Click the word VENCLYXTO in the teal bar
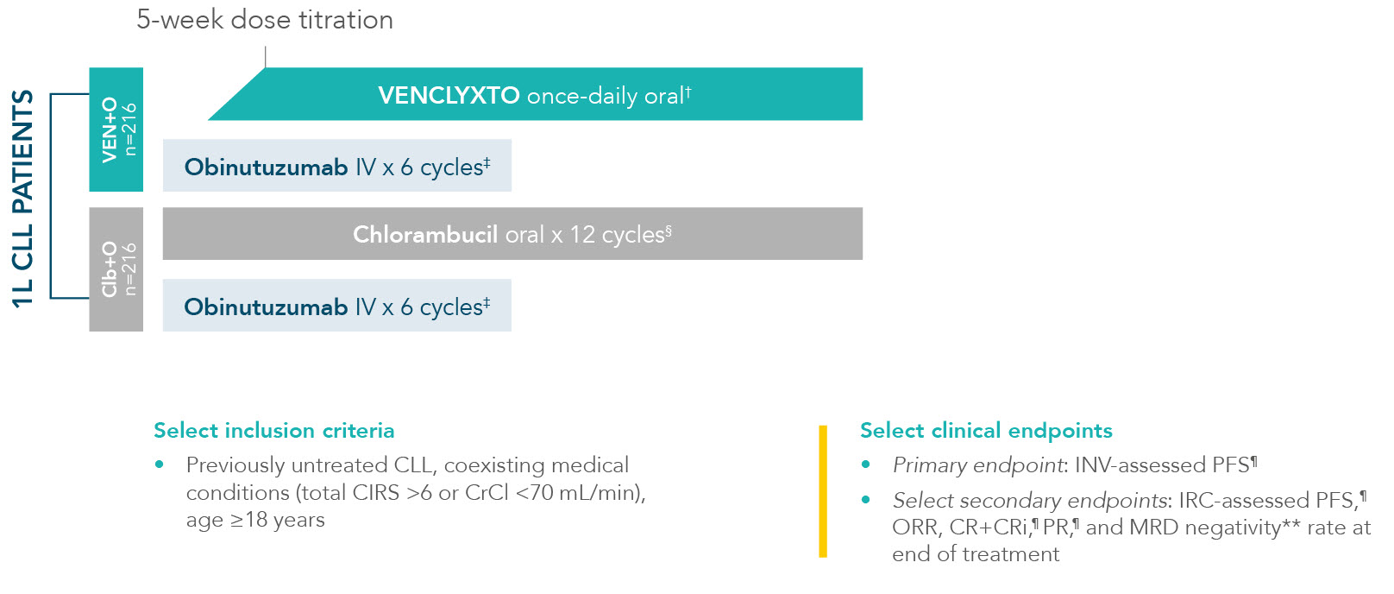click(x=449, y=96)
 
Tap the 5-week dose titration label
click(x=265, y=20)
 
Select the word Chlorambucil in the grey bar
click(x=425, y=235)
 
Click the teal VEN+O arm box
click(x=116, y=130)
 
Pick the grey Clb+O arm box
click(x=116, y=269)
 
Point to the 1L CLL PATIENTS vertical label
click(x=22, y=199)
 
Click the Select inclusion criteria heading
click(x=274, y=431)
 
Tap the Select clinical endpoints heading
click(x=986, y=431)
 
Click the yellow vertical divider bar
click(x=823, y=491)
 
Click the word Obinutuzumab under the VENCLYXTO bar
click(x=266, y=167)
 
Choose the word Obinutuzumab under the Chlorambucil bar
click(x=266, y=307)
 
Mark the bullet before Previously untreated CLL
click(x=160, y=464)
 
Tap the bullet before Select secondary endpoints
click(x=866, y=499)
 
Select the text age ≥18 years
click(x=255, y=521)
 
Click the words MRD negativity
click(x=1205, y=528)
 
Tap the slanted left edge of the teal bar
click(x=236, y=94)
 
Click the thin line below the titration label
click(x=265, y=57)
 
